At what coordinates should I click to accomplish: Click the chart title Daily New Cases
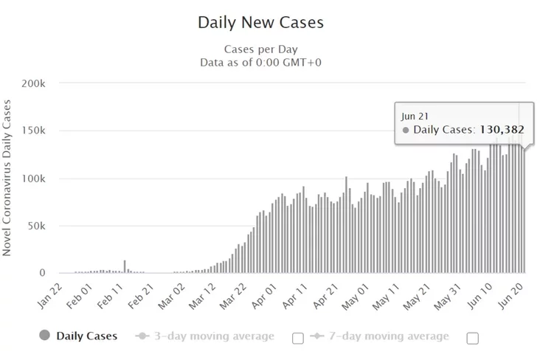pos(260,22)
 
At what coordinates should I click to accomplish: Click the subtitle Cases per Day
pos(260,50)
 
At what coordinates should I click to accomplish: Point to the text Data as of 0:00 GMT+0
pos(260,62)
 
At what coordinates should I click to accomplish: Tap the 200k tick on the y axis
pos(33,83)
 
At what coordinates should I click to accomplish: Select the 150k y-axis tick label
pos(33,131)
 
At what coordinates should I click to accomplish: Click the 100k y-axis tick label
pos(33,179)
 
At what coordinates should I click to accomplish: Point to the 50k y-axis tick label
pos(36,226)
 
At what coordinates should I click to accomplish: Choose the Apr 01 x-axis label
pos(269,294)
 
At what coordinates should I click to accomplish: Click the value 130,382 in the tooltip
pos(502,130)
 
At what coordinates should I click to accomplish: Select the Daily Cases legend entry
pos(78,336)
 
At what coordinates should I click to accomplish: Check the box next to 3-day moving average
pos(298,338)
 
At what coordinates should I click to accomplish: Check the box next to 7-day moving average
pos(473,338)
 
